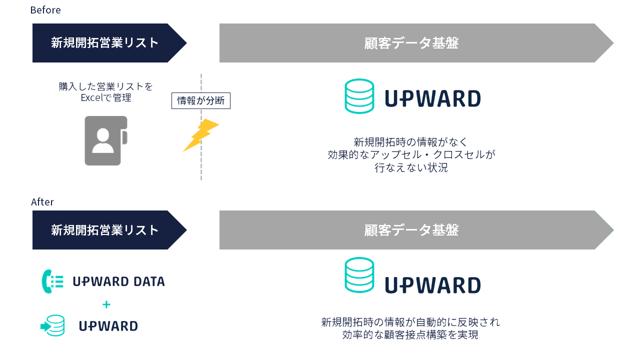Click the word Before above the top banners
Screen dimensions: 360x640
point(45,10)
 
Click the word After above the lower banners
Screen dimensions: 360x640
point(42,202)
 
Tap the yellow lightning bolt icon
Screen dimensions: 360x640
point(201,134)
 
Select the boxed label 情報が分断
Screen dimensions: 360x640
point(200,100)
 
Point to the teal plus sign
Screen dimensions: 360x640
point(106,304)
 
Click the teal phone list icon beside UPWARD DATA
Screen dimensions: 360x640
point(52,281)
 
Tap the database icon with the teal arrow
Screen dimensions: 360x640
point(53,325)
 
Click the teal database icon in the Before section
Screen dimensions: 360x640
point(359,96)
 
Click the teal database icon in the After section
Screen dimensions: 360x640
point(359,274)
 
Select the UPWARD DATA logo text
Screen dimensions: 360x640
point(118,281)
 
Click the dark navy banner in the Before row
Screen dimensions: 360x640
point(105,43)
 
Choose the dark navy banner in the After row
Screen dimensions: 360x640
point(105,230)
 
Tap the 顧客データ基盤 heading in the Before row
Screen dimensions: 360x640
point(411,43)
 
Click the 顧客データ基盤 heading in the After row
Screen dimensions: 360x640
point(411,230)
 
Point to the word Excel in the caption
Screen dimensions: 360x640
point(92,97)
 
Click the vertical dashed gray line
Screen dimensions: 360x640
point(201,165)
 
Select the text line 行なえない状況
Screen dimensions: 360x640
point(411,168)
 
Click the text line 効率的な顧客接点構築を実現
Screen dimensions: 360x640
point(410,335)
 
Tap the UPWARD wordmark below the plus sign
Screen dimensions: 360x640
point(108,326)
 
